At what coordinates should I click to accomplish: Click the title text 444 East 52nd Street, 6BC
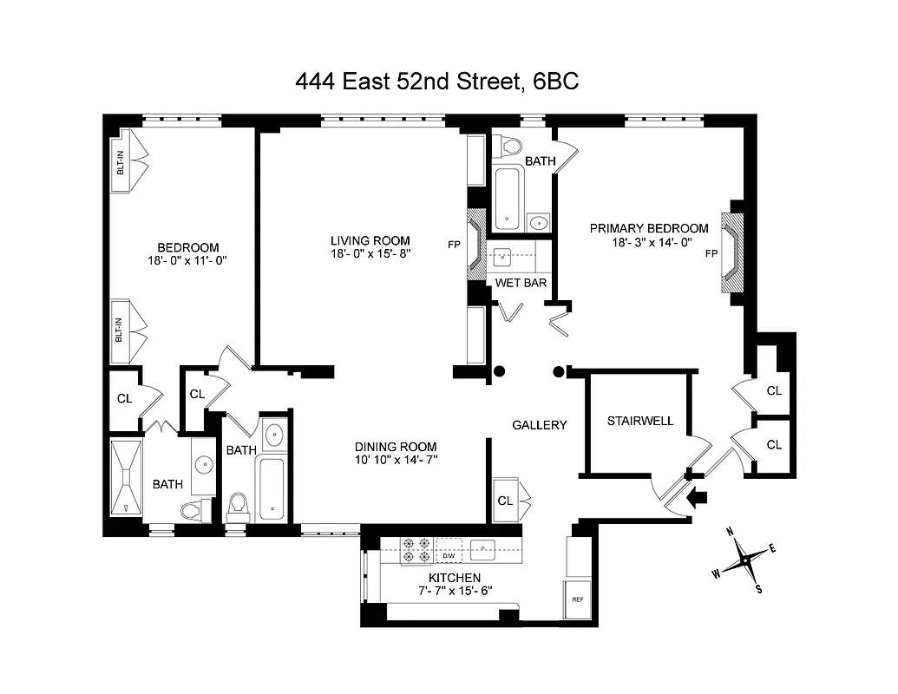click(x=437, y=82)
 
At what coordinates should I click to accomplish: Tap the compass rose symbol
click(x=744, y=560)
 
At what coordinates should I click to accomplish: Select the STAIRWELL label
click(x=640, y=421)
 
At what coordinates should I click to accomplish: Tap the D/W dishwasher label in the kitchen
click(x=449, y=556)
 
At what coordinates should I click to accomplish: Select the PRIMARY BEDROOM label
click(x=649, y=228)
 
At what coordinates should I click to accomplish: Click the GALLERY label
click(x=539, y=425)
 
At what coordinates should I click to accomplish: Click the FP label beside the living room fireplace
click(x=453, y=245)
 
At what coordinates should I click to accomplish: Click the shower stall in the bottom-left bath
click(x=128, y=478)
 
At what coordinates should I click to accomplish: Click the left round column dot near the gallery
click(x=499, y=372)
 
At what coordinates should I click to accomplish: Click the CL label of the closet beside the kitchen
click(x=504, y=501)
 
